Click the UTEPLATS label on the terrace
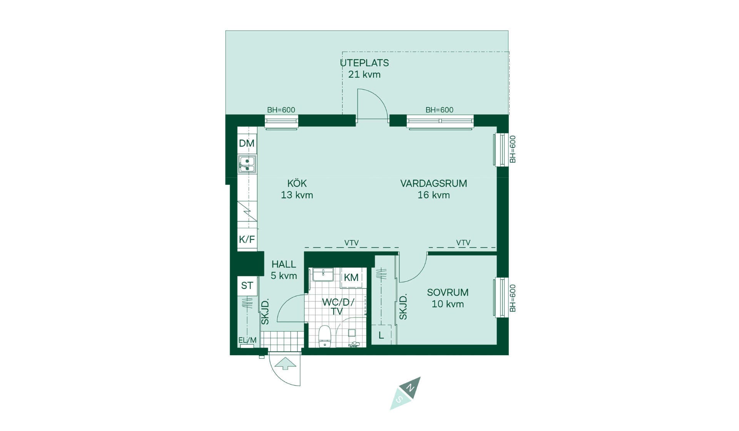coord(364,63)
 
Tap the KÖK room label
coord(297,183)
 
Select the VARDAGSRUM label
coord(434,183)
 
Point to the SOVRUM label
coord(448,292)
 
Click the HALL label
coord(284,264)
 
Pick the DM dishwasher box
coord(247,144)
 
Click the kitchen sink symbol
coord(247,164)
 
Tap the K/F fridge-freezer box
coord(247,239)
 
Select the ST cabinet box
coord(247,286)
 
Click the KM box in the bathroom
coord(351,277)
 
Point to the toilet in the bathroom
coord(325,336)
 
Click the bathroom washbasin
coord(323,275)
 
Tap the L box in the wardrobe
coord(381,335)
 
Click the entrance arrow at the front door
coord(285,364)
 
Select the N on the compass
coord(411,386)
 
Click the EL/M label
coord(247,340)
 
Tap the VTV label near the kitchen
coord(351,243)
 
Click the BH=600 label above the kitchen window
coord(281,110)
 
